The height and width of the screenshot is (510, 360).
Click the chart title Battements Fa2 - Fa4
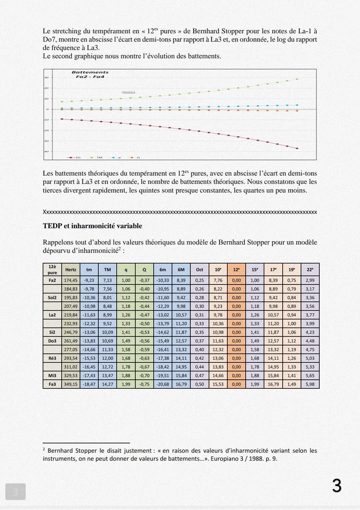[90, 74]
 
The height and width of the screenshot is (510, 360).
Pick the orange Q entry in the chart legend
[134, 157]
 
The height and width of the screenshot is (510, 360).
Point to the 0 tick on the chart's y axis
[47, 109]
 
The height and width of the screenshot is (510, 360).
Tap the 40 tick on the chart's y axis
[47, 152]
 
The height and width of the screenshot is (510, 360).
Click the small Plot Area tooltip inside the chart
[128, 92]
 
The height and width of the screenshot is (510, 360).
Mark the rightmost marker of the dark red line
[297, 148]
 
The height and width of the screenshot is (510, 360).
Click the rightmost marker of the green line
[297, 79]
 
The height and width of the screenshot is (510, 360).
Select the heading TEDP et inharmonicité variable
[92, 226]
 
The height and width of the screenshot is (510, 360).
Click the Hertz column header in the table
[71, 269]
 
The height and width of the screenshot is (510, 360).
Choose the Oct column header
[199, 269]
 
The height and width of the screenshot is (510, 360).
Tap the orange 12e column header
[236, 269]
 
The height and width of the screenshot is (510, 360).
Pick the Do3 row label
[52, 341]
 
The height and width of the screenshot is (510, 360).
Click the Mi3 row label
[52, 375]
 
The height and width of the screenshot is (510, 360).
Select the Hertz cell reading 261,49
[71, 341]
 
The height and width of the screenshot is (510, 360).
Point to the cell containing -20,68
[163, 384]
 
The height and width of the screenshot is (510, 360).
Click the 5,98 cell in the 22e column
[310, 384]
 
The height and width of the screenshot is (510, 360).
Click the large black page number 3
[337, 486]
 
